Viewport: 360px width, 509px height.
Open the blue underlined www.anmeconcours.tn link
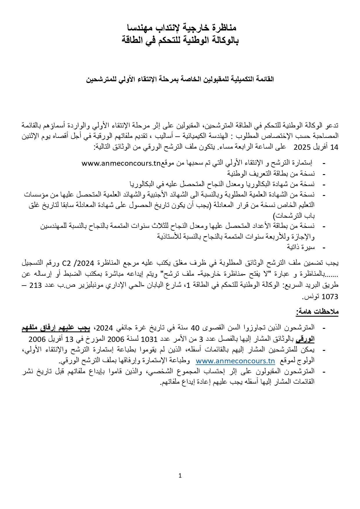coord(235,361)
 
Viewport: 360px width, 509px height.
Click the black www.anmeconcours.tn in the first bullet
coord(121,163)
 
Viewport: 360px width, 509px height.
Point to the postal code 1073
coord(330,297)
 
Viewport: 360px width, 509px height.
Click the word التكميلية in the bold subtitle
coord(243,79)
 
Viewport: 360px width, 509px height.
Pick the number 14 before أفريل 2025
coord(334,147)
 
